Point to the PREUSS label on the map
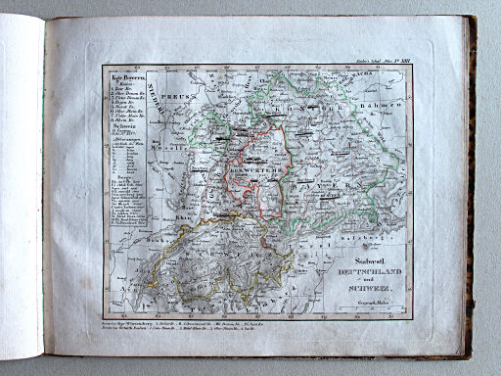pyautogui.click(x=193, y=99)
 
